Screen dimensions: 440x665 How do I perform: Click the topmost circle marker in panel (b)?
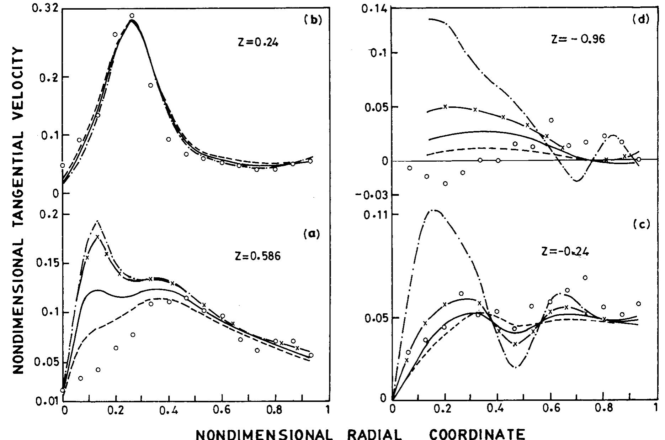click(132, 16)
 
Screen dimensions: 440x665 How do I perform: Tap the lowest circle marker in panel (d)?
click(445, 184)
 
